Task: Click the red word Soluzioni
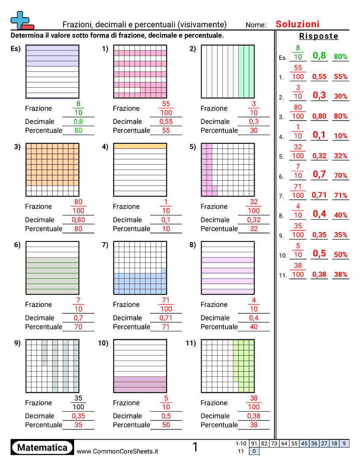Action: pos(297,24)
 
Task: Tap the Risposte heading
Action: pos(319,36)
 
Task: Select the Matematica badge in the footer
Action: pos(42,447)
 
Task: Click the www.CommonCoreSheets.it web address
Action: pos(117,451)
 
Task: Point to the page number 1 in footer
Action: pos(195,447)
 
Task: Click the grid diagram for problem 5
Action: pos(228,169)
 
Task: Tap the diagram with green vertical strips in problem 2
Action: pos(228,71)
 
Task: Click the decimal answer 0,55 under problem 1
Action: pos(166,122)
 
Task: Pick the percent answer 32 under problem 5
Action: pos(254,229)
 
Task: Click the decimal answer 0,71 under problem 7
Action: pos(166,318)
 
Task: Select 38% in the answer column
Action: pos(341,274)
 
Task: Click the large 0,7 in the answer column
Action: pos(319,174)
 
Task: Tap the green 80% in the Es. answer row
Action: pos(341,57)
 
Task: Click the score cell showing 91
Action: pos(254,443)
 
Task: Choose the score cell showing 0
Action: pos(254,451)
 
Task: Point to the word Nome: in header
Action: pos(256,25)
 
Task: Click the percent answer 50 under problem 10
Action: pos(166,425)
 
